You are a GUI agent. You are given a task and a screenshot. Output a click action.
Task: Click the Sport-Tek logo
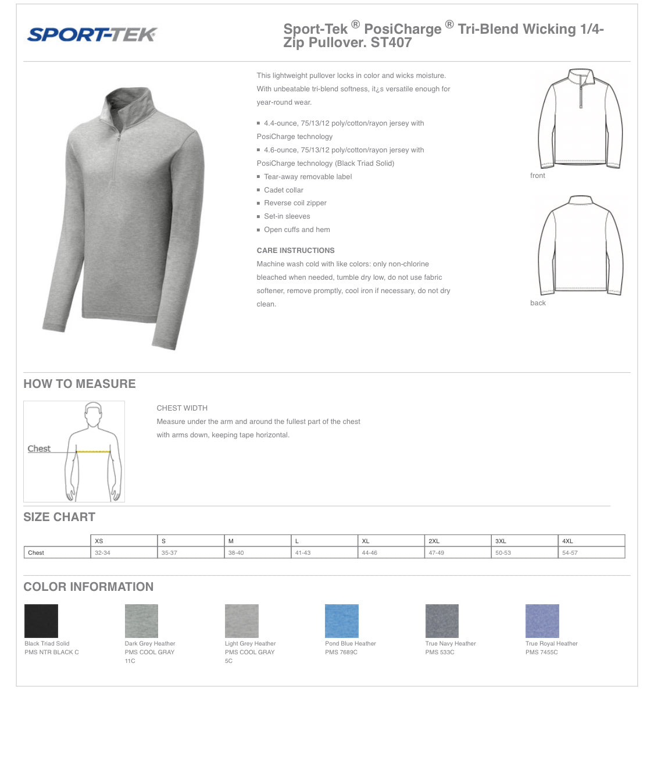92,35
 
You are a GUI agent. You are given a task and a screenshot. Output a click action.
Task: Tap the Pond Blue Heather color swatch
342,621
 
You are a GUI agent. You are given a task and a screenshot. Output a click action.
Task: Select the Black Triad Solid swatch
41,621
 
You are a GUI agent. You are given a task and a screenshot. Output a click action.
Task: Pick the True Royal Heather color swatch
542,621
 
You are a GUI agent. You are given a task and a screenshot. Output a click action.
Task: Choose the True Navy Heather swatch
442,621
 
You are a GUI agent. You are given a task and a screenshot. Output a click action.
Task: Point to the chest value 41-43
303,553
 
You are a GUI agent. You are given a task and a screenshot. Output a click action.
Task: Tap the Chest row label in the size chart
36,553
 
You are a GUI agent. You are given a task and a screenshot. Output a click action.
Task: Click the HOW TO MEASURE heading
80,384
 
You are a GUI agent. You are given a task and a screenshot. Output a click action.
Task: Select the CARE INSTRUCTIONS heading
295,251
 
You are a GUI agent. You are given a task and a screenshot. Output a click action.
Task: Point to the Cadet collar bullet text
284,190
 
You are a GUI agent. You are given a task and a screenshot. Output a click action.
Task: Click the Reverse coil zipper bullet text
295,203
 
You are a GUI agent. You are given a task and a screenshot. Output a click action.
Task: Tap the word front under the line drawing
538,176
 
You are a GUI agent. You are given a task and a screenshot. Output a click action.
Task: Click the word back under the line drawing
538,303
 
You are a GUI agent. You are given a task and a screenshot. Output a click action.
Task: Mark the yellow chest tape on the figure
93,451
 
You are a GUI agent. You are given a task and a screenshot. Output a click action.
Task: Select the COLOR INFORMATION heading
88,587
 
